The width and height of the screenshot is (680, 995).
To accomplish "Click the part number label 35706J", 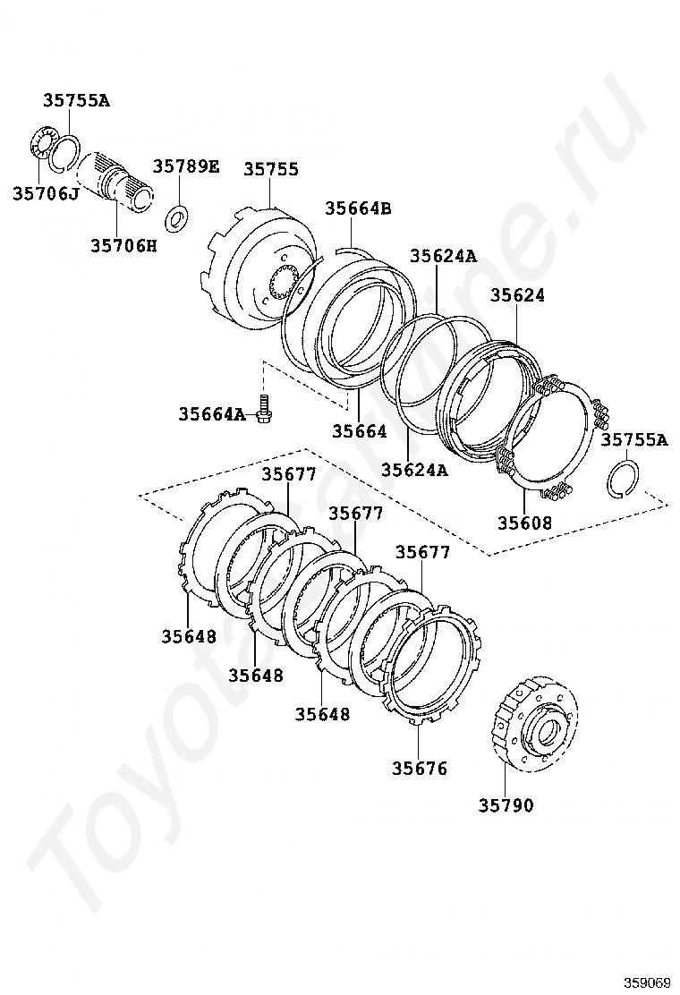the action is click(x=45, y=193).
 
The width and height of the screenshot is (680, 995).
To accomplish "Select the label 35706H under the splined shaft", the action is click(x=123, y=245).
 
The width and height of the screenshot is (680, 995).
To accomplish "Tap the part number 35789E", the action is click(x=186, y=166).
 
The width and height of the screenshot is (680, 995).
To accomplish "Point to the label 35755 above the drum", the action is click(x=271, y=169).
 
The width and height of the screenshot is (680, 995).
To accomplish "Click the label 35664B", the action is click(x=359, y=208).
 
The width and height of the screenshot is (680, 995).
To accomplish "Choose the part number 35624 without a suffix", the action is click(x=517, y=295).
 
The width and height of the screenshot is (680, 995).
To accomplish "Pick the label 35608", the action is click(x=524, y=523).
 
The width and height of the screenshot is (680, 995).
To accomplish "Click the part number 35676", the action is click(x=420, y=769).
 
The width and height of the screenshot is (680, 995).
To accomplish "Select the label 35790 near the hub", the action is click(x=506, y=805).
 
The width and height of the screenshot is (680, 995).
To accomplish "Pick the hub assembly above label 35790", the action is click(x=535, y=725).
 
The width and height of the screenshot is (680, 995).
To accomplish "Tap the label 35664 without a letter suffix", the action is click(x=360, y=431).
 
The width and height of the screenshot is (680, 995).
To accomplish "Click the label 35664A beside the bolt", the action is click(x=211, y=413).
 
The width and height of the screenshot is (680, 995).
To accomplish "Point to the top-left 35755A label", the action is click(x=76, y=100).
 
